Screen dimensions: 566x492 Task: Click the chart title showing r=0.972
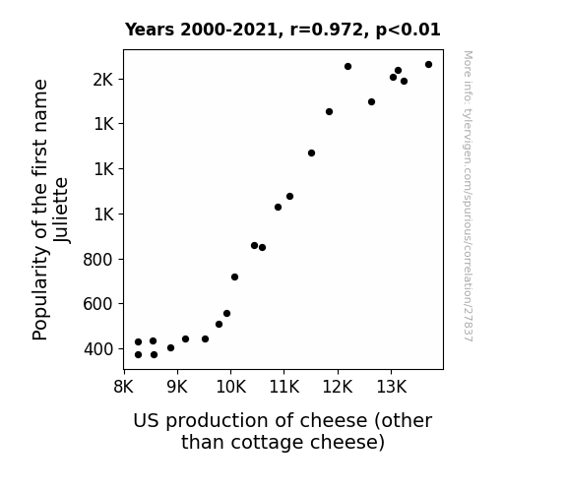click(283, 30)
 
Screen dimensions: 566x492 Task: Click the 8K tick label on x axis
click(123, 387)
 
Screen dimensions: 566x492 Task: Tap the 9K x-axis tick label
click(177, 387)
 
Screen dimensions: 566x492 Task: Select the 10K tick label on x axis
click(230, 387)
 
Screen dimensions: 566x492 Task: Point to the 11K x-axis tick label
click(284, 387)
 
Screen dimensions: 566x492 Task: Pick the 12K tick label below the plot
click(338, 387)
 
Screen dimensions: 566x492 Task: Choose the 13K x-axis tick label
click(392, 387)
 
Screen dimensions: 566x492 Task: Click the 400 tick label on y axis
click(98, 349)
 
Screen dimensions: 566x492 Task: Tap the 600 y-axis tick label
click(97, 304)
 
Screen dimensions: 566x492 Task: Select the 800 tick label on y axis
click(97, 259)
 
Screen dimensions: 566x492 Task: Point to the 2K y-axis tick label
click(103, 80)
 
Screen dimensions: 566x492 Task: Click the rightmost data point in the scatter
click(428, 65)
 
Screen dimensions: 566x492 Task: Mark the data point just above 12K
click(348, 66)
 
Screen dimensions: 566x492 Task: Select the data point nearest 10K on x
click(234, 277)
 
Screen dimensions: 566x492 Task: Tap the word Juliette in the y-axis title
click(61, 211)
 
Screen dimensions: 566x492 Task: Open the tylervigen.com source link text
click(468, 196)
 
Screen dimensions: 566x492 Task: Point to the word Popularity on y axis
click(40, 293)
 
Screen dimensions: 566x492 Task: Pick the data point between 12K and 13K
click(371, 101)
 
